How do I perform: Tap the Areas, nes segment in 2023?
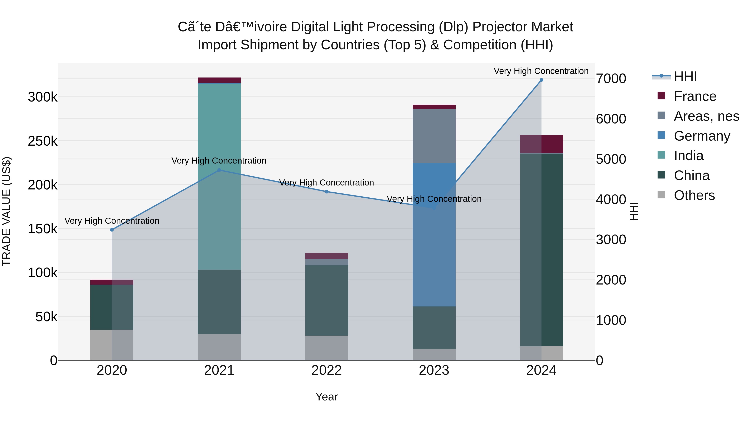click(x=434, y=136)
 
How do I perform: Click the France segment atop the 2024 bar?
click(x=541, y=144)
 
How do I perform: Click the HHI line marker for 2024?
click(x=541, y=80)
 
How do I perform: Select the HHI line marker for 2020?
click(x=112, y=230)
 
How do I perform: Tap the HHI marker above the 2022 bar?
click(x=326, y=192)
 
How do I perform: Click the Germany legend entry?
click(x=702, y=136)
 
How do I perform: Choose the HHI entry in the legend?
click(x=685, y=76)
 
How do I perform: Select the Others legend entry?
click(x=694, y=195)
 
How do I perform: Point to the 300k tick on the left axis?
click(x=43, y=97)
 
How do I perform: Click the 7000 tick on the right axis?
click(x=611, y=79)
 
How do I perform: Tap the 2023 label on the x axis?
click(x=434, y=370)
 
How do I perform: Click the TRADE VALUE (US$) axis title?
click(x=6, y=211)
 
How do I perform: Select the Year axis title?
click(x=326, y=397)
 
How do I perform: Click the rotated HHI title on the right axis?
click(x=634, y=211)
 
